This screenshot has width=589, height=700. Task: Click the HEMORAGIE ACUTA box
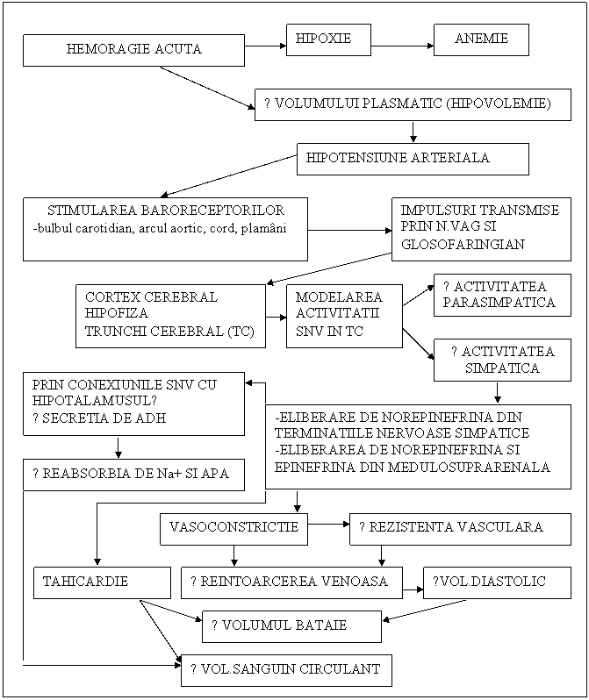[133, 49]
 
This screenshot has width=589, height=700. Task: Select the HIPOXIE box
[328, 39]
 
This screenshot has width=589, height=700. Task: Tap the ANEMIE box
[481, 39]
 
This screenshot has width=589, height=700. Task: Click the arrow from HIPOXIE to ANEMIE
[402, 45]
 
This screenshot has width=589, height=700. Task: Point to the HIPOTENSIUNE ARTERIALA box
[413, 159]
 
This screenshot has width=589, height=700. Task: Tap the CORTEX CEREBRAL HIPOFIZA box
[170, 315]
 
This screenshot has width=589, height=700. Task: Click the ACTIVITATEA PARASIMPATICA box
[501, 295]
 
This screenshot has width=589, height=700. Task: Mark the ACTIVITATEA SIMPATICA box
[501, 360]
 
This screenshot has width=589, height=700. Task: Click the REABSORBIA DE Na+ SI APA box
[132, 475]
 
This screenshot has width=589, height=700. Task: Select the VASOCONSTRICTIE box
[233, 528]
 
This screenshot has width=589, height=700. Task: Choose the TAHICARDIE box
[101, 582]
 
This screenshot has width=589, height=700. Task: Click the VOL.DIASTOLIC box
[496, 582]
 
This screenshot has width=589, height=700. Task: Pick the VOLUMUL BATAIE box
[291, 625]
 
